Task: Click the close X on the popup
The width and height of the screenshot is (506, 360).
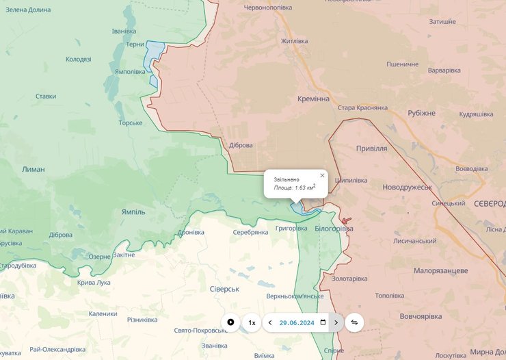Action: pos(322,175)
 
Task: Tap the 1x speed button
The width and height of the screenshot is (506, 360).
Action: pos(252,322)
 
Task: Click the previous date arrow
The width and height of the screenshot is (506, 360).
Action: pos(270,322)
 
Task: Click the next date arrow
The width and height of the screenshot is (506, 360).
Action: pos(336,322)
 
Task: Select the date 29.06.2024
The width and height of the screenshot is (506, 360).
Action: pos(297,322)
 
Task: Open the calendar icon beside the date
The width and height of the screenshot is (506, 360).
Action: pos(323,322)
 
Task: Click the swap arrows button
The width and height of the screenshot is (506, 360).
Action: pos(354,322)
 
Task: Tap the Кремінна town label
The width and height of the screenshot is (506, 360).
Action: pos(313,99)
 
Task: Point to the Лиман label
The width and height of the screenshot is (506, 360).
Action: pos(33,169)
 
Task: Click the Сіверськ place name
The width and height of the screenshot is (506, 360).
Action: pos(224,289)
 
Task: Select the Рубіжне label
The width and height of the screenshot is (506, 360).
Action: pos(421,113)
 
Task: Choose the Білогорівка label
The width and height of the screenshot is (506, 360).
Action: pos(334,228)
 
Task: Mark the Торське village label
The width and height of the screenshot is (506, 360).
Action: pos(130,123)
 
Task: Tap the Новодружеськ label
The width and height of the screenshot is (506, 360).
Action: pos(407,187)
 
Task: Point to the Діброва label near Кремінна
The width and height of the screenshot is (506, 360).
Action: pos(241,145)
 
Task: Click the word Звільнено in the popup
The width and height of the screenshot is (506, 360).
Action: pos(287,179)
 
